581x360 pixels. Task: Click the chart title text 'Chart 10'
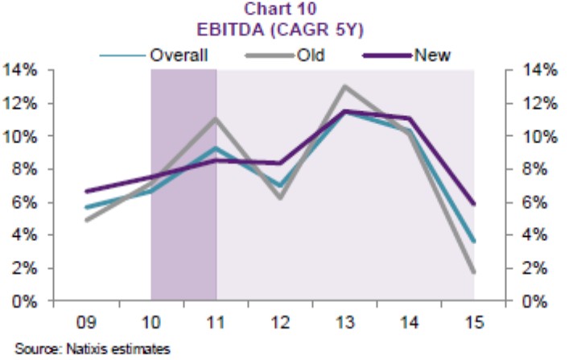coord(277,10)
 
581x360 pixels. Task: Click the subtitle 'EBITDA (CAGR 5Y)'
coord(277,31)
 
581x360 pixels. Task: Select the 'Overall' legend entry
coord(179,55)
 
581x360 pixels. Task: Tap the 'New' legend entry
coord(431,55)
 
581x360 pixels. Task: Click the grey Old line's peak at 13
coord(344,86)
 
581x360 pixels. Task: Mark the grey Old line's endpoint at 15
coord(474,272)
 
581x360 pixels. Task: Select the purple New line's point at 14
coord(410,118)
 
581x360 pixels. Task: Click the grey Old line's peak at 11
coord(216,119)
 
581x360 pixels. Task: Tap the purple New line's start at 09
coord(86,192)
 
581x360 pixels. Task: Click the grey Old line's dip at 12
coord(280,197)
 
